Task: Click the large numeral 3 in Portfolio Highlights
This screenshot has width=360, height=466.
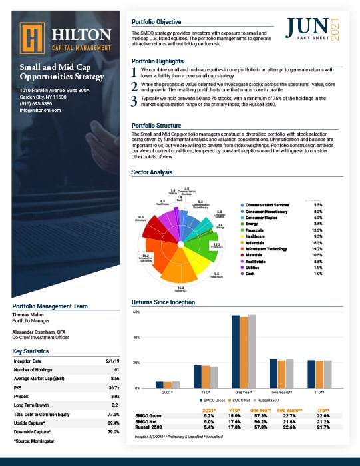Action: click(x=135, y=101)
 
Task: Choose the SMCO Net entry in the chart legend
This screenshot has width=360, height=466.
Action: click(x=238, y=401)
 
